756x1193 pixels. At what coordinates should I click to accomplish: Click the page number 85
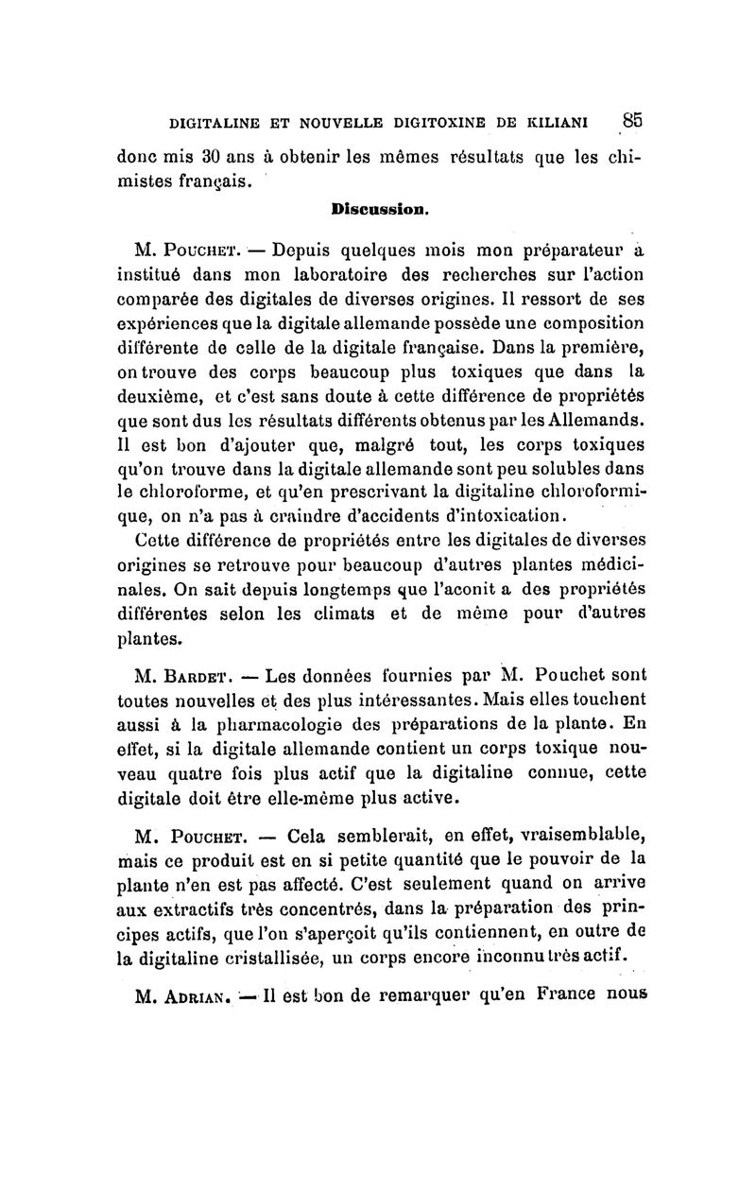click(x=632, y=120)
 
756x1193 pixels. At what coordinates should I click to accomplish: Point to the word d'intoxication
click(x=491, y=514)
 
